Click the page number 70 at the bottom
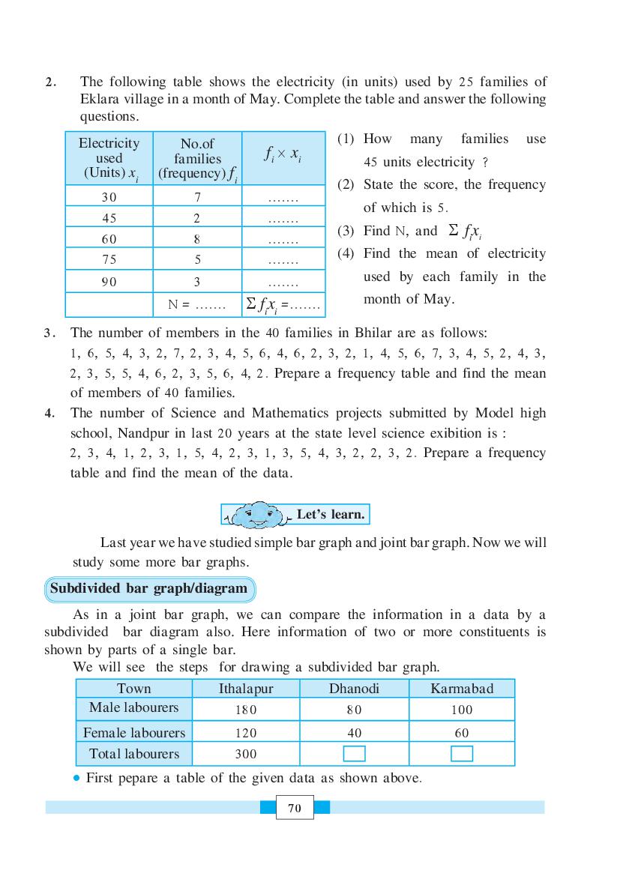(294, 808)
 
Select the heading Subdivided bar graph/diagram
(148, 588)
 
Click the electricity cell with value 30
(109, 198)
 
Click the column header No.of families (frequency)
(198, 158)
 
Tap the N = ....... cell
(196, 304)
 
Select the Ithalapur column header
(246, 689)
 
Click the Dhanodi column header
(354, 689)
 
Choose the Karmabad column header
(462, 689)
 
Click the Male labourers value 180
(246, 710)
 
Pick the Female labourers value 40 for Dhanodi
(355, 733)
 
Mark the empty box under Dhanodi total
(354, 754)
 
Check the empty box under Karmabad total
(462, 754)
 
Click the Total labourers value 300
(246, 755)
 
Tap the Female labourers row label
(134, 732)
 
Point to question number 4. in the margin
(49, 413)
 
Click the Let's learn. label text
(331, 515)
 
